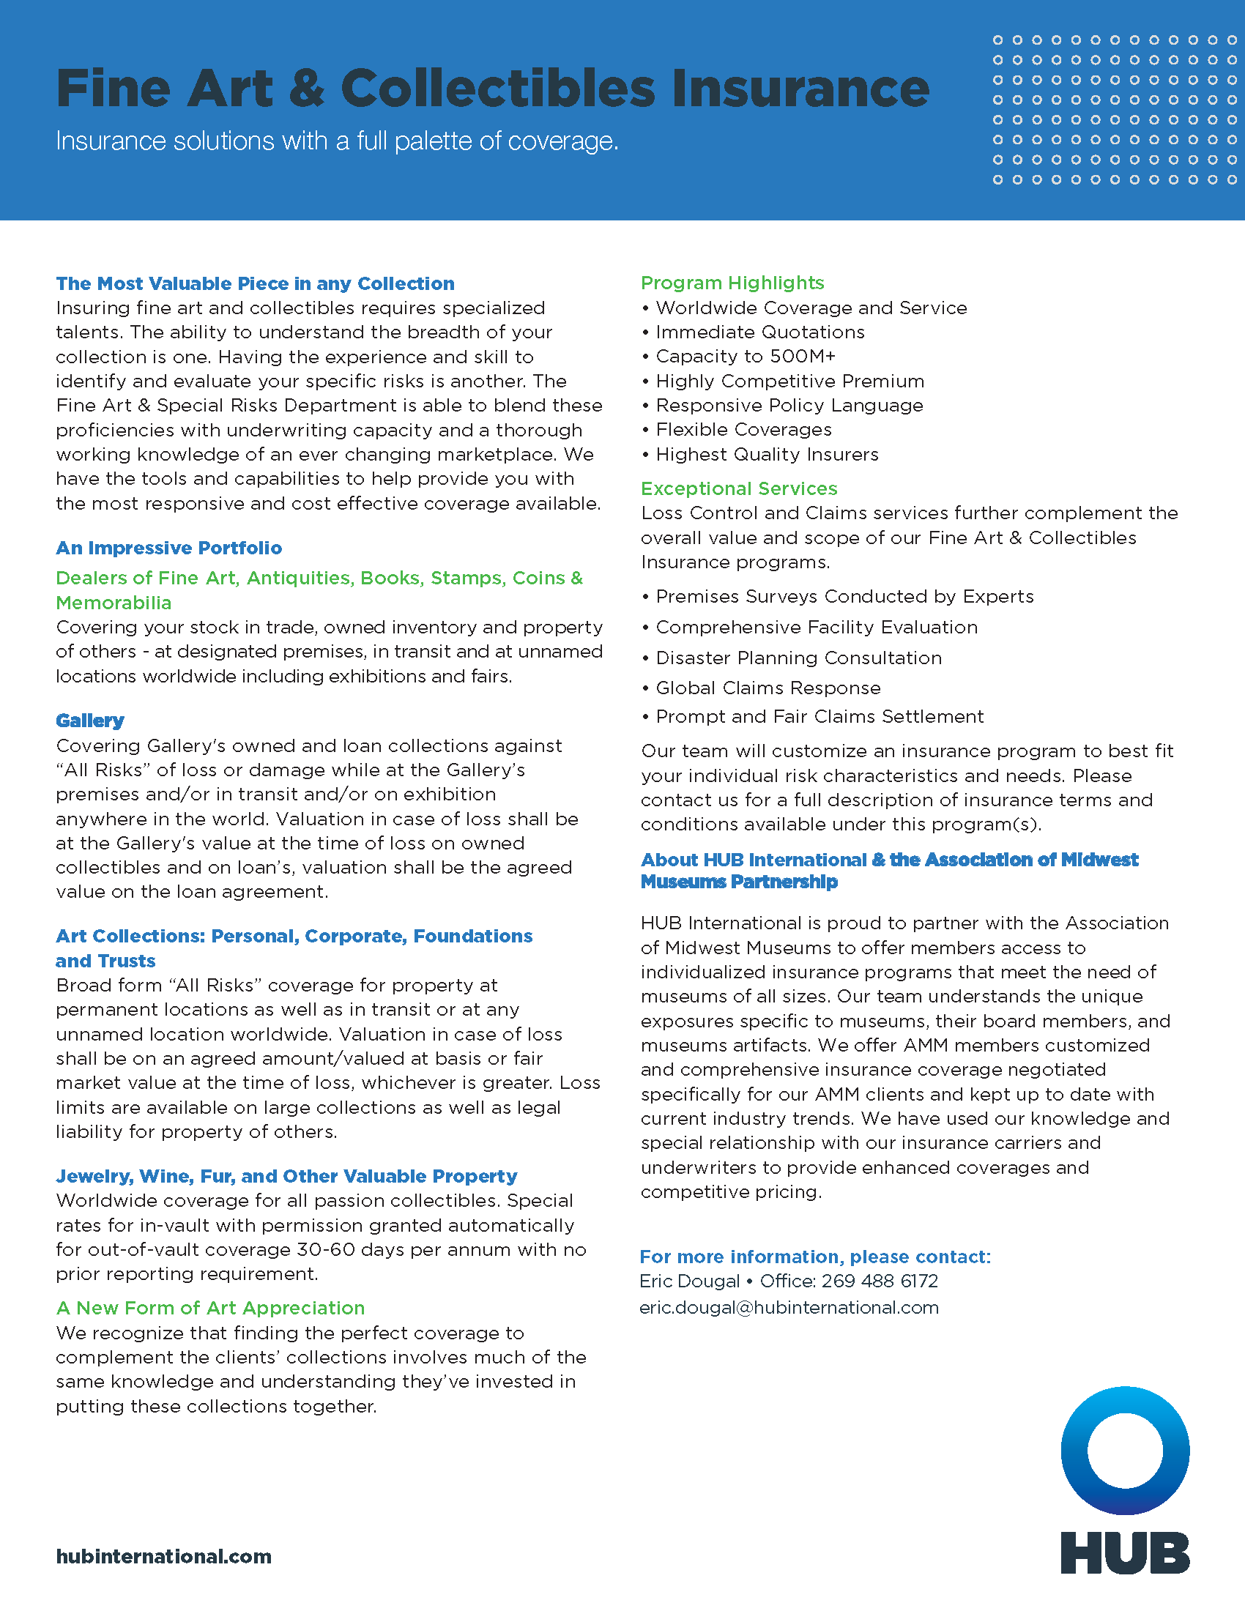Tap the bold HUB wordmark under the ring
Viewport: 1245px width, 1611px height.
click(1125, 1552)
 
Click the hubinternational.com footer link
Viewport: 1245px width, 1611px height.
click(164, 1556)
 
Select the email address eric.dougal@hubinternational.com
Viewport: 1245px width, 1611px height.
click(789, 1308)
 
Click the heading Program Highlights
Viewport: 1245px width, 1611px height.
click(732, 283)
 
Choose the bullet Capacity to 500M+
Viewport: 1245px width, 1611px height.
click(746, 357)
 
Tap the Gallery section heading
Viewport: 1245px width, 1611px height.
click(90, 721)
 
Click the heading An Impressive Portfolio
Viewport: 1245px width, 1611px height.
click(169, 548)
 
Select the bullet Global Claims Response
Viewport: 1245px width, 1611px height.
click(768, 688)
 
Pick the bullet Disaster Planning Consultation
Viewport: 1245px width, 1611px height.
click(799, 658)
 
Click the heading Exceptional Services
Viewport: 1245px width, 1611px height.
click(739, 489)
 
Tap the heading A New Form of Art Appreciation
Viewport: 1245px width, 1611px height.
click(210, 1309)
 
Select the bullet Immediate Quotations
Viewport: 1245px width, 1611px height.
click(759, 332)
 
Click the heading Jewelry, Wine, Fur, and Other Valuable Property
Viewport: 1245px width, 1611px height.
click(286, 1177)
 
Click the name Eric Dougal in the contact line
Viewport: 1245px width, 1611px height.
click(690, 1281)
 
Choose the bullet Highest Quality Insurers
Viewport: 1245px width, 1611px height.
click(767, 455)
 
